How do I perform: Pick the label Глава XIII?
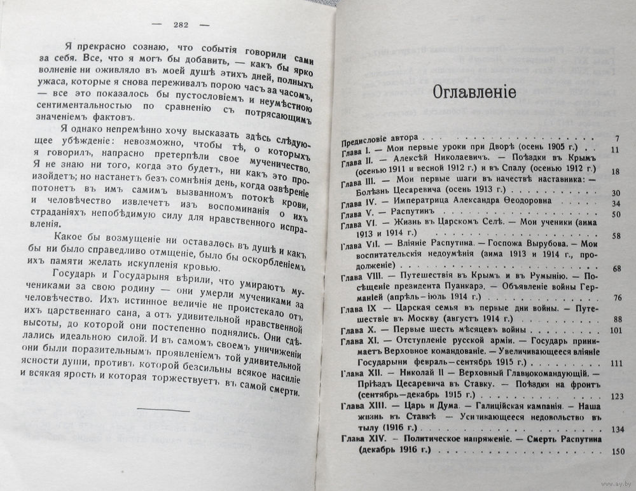363,405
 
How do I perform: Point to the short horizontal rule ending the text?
163,411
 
